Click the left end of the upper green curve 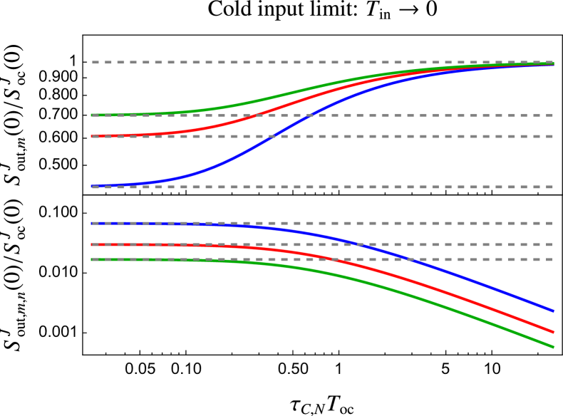[x=92, y=115]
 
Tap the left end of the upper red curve [x=92, y=136]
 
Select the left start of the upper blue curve [x=92, y=186]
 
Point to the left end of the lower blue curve [x=92, y=223]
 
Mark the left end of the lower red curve [x=92, y=244]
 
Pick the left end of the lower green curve [x=92, y=259]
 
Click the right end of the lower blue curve [x=554, y=311]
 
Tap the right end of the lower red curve [x=554, y=332]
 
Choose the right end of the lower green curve [x=554, y=347]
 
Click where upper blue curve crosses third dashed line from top [x=274, y=136]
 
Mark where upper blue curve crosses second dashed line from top [x=311, y=115]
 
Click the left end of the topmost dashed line [x=92, y=62]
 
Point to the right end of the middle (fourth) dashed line [x=554, y=187]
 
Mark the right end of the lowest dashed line [x=554, y=259]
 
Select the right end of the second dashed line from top [x=554, y=115]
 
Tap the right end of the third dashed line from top [x=554, y=136]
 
